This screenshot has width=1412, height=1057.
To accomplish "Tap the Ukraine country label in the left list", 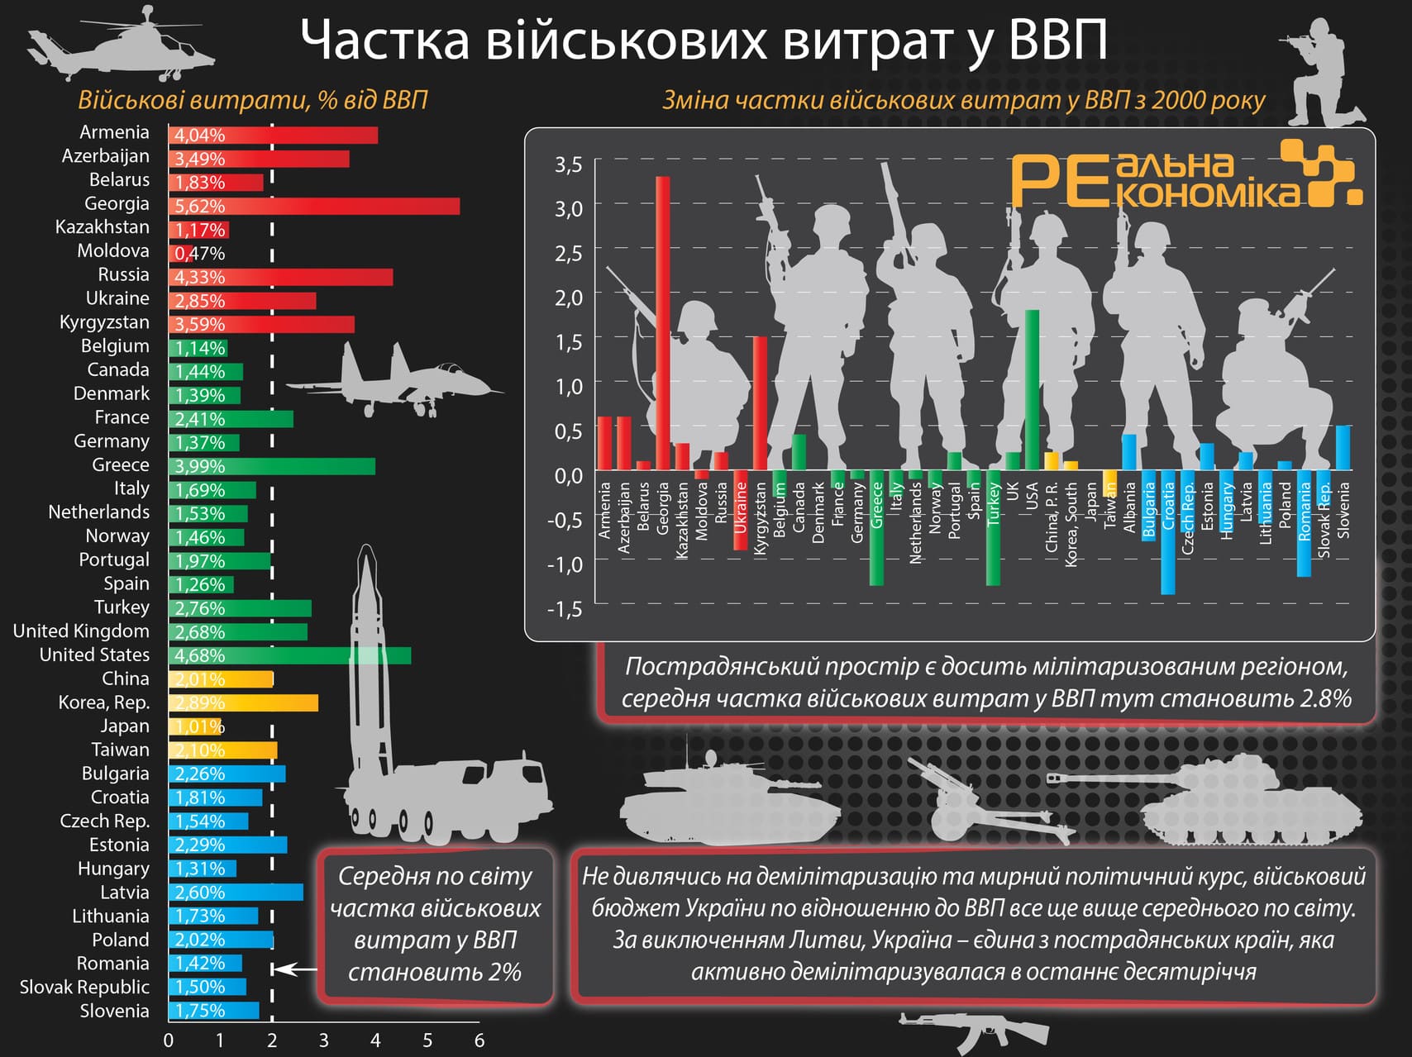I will tap(117, 298).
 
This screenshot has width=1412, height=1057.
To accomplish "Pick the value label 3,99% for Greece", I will tap(199, 466).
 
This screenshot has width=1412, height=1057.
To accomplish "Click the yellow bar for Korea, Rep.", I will tap(244, 703).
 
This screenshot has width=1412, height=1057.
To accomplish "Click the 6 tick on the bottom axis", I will tap(479, 1040).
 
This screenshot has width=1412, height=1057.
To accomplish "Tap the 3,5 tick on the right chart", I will tap(568, 164).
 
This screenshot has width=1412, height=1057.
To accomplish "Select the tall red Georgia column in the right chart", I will tap(663, 322).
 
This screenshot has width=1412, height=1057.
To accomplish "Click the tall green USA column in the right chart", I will tap(1032, 388).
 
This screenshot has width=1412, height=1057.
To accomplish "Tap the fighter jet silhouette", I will tap(393, 381).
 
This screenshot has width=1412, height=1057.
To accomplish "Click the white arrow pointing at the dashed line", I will tap(296, 969).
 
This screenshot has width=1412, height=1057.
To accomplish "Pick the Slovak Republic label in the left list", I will tap(84, 987).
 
